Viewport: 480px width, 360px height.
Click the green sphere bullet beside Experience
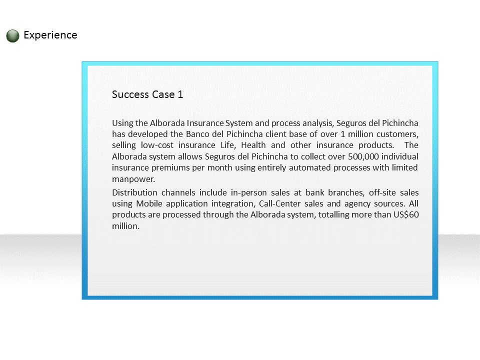(12, 36)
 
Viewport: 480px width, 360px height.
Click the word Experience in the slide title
(50, 35)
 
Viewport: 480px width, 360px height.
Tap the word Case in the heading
(163, 94)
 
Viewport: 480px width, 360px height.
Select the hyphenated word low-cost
(157, 145)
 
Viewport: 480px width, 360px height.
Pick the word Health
(252, 145)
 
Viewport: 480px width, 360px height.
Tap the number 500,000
(363, 156)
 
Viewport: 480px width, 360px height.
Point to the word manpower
(133, 179)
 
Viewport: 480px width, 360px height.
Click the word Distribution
(134, 192)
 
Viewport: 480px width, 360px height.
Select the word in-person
(249, 193)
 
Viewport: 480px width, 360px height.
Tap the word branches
(346, 193)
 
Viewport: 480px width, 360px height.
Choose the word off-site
(382, 192)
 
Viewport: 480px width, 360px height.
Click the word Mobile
(149, 203)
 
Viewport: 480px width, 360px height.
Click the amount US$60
(406, 214)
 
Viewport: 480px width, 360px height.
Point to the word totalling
(333, 215)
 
